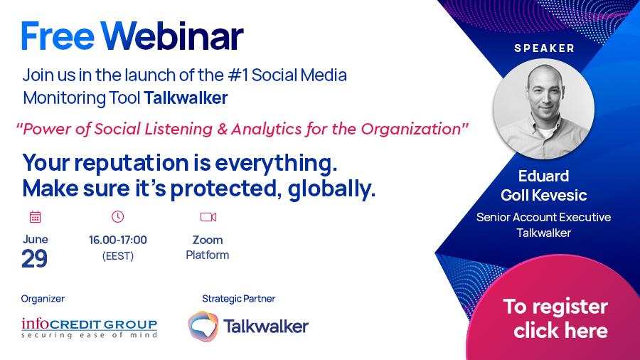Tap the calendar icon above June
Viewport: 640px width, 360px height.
(36, 217)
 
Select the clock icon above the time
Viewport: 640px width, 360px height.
(117, 217)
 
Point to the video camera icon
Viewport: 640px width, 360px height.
(208, 217)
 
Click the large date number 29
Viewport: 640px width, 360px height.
(34, 259)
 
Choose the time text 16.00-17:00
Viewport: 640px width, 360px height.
(118, 240)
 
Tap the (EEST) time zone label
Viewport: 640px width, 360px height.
(118, 256)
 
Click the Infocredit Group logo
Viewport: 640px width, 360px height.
(90, 328)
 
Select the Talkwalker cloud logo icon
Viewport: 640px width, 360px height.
(203, 326)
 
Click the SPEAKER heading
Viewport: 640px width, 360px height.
(545, 48)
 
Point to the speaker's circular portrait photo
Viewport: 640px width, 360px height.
(544, 109)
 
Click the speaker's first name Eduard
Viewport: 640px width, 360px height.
(544, 176)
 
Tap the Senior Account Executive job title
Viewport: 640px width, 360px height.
(544, 217)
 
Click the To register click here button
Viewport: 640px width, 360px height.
(555, 319)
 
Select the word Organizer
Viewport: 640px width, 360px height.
(43, 299)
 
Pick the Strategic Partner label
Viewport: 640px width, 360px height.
(239, 299)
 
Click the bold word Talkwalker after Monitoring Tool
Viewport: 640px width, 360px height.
(186, 98)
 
